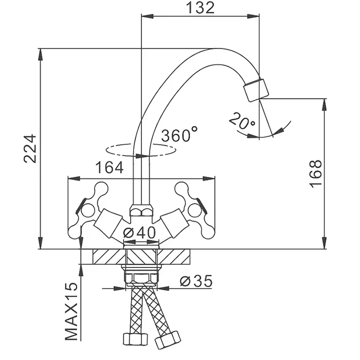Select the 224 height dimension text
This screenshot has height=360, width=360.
30,149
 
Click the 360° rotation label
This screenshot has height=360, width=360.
179,135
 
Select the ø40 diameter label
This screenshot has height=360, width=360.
140,232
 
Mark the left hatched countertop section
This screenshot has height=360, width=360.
108,256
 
